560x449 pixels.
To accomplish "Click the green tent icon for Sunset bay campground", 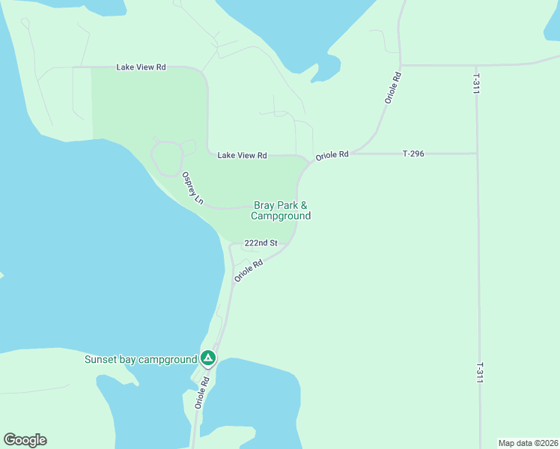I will [x=209, y=358].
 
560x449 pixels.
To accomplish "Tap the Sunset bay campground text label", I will [x=140, y=359].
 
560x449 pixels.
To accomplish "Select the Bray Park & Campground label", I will [x=281, y=210].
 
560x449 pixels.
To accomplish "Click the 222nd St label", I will [x=261, y=243].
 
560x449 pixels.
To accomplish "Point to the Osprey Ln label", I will [x=192, y=188].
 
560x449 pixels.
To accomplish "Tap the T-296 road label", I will [x=413, y=153].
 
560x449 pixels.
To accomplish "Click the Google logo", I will [x=25, y=440].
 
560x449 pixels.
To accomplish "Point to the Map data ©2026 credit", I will [x=528, y=442].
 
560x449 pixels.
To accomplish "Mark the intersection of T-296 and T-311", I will [x=477, y=153].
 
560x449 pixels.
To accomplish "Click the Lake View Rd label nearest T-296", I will [x=242, y=156].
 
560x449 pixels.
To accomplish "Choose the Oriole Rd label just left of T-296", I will [x=332, y=156].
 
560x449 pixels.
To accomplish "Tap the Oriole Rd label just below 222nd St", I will [x=249, y=270].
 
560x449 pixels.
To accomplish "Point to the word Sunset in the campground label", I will [x=100, y=359].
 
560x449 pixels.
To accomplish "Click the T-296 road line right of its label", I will [x=449, y=153].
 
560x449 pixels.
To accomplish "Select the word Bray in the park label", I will [x=264, y=205].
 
